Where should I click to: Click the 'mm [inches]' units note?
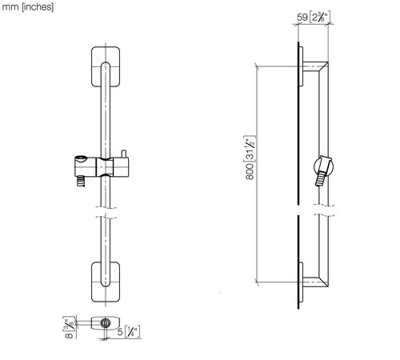pyautogui.click(x=28, y=6)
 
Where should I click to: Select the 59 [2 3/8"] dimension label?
pyautogui.click(x=314, y=18)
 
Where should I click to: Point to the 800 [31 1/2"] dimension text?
pyautogui.click(x=250, y=158)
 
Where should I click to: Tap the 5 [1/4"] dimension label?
pyautogui.click(x=129, y=332)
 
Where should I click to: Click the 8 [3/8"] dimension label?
pyautogui.click(x=69, y=327)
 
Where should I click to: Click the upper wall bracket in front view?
pyautogui.click(x=106, y=66)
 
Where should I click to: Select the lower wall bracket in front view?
pyautogui.click(x=106, y=282)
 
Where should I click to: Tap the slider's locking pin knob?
pyautogui.click(x=123, y=154)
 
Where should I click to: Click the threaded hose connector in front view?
pyautogui.click(x=81, y=182)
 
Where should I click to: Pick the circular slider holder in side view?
pyautogui.click(x=323, y=166)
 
